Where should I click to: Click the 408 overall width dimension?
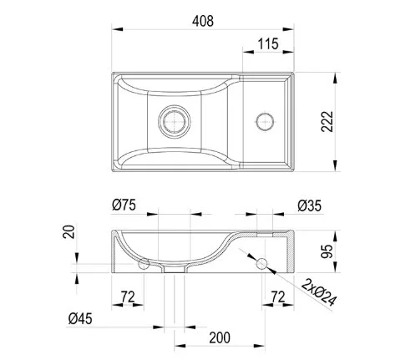[203, 21]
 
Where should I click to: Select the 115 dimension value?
[268, 44]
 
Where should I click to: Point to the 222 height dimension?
[327, 121]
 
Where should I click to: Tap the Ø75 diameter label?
[124, 205]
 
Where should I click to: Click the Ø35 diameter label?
[309, 205]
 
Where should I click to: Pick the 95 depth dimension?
[327, 251]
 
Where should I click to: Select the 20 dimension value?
[68, 231]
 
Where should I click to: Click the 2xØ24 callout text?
[319, 292]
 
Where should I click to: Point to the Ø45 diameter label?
[80, 318]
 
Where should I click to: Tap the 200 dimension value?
[220, 337]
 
